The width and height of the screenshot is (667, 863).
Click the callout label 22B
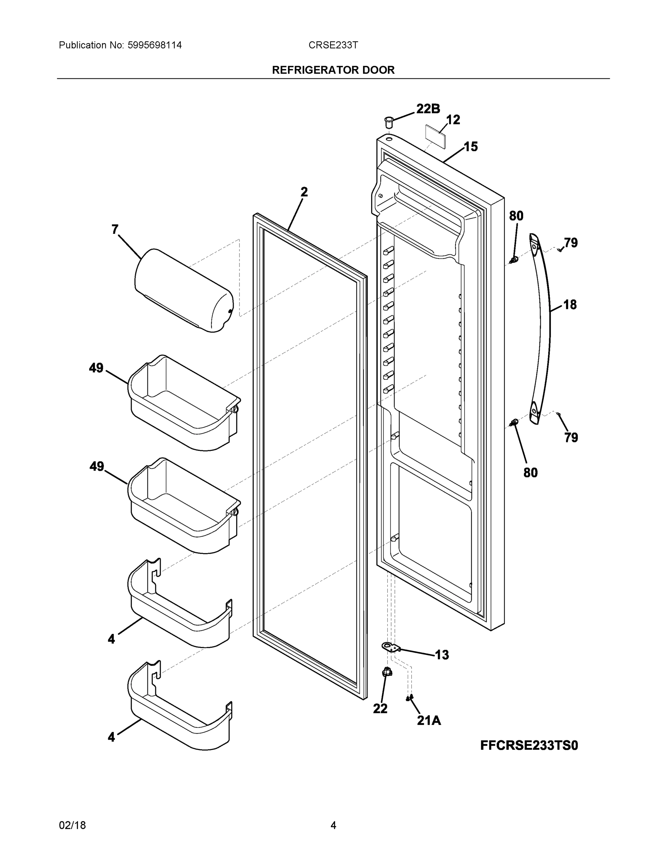click(x=428, y=109)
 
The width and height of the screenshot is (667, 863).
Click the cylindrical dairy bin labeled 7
click(x=184, y=291)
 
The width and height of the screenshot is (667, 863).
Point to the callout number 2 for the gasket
click(x=303, y=192)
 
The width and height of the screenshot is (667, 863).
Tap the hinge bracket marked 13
click(x=390, y=647)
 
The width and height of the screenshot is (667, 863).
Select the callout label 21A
click(x=429, y=720)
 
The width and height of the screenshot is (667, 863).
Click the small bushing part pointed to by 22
click(x=387, y=672)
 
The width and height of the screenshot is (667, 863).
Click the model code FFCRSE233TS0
click(x=529, y=745)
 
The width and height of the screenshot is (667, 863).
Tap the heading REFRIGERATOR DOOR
click(x=333, y=70)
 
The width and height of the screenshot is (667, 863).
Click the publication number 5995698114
click(x=155, y=45)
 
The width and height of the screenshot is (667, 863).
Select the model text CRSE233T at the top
click(x=333, y=45)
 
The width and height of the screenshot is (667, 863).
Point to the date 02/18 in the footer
click(x=72, y=825)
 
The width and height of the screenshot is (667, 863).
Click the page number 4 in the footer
click(x=333, y=825)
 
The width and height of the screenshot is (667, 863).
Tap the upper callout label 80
click(x=516, y=216)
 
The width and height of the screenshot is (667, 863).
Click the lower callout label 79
click(x=571, y=437)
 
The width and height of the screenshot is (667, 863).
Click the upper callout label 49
click(x=96, y=368)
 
